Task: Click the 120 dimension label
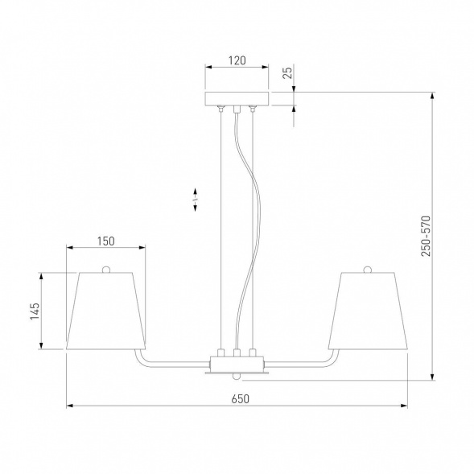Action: point(237,60)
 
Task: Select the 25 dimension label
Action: point(287,72)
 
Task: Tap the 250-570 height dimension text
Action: point(426,236)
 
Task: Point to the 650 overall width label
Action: point(241,398)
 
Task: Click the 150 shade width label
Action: point(105,241)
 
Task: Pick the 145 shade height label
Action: point(35,311)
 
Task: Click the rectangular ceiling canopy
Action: point(237,98)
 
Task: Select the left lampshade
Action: point(105,311)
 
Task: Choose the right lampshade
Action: point(368,311)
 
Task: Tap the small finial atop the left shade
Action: point(105,269)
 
